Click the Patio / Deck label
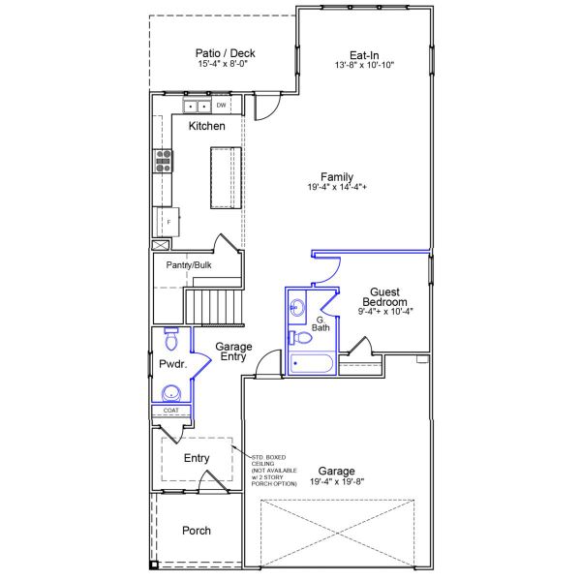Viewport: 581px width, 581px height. click(x=224, y=54)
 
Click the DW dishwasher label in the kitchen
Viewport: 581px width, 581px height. click(x=222, y=106)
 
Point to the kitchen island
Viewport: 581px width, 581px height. click(x=226, y=177)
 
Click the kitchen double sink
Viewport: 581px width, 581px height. click(x=198, y=106)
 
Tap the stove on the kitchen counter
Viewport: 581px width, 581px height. click(x=162, y=161)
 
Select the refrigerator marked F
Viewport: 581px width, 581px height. click(x=166, y=221)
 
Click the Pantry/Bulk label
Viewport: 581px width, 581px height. click(x=189, y=265)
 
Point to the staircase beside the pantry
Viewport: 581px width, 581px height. click(x=214, y=307)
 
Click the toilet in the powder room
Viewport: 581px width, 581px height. click(x=171, y=338)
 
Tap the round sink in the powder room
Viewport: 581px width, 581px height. click(x=171, y=393)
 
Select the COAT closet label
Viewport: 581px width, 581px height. click(x=170, y=411)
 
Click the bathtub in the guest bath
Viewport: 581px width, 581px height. click(x=311, y=364)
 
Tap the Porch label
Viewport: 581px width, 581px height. click(x=197, y=531)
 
